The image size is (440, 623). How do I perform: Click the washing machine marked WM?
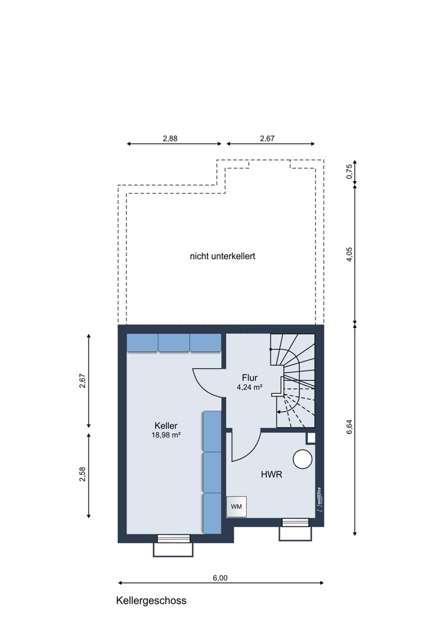coord(236,506)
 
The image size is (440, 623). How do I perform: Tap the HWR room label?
coord(272,474)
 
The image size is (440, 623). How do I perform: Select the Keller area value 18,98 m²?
coord(166,435)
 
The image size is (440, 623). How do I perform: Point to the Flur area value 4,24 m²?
coord(250,387)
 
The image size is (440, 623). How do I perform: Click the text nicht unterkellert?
coord(222,256)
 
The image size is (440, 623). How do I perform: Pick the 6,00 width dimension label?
coord(220,578)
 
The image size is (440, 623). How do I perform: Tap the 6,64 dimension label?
coord(350,427)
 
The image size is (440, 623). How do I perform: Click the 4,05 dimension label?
coord(350,254)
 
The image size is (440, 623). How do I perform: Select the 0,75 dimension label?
coord(350,172)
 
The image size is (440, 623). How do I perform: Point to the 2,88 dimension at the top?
coord(170,139)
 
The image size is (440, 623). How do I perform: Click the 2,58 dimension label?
coord(82,474)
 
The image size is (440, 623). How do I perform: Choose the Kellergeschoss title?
coord(151,601)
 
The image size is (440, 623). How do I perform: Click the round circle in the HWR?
coord(302,459)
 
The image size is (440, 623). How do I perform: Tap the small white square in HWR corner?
coord(311,438)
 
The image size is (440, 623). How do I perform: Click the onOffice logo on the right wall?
coord(319,499)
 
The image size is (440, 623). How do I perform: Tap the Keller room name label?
coord(166,426)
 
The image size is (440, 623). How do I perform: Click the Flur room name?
coord(250,378)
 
